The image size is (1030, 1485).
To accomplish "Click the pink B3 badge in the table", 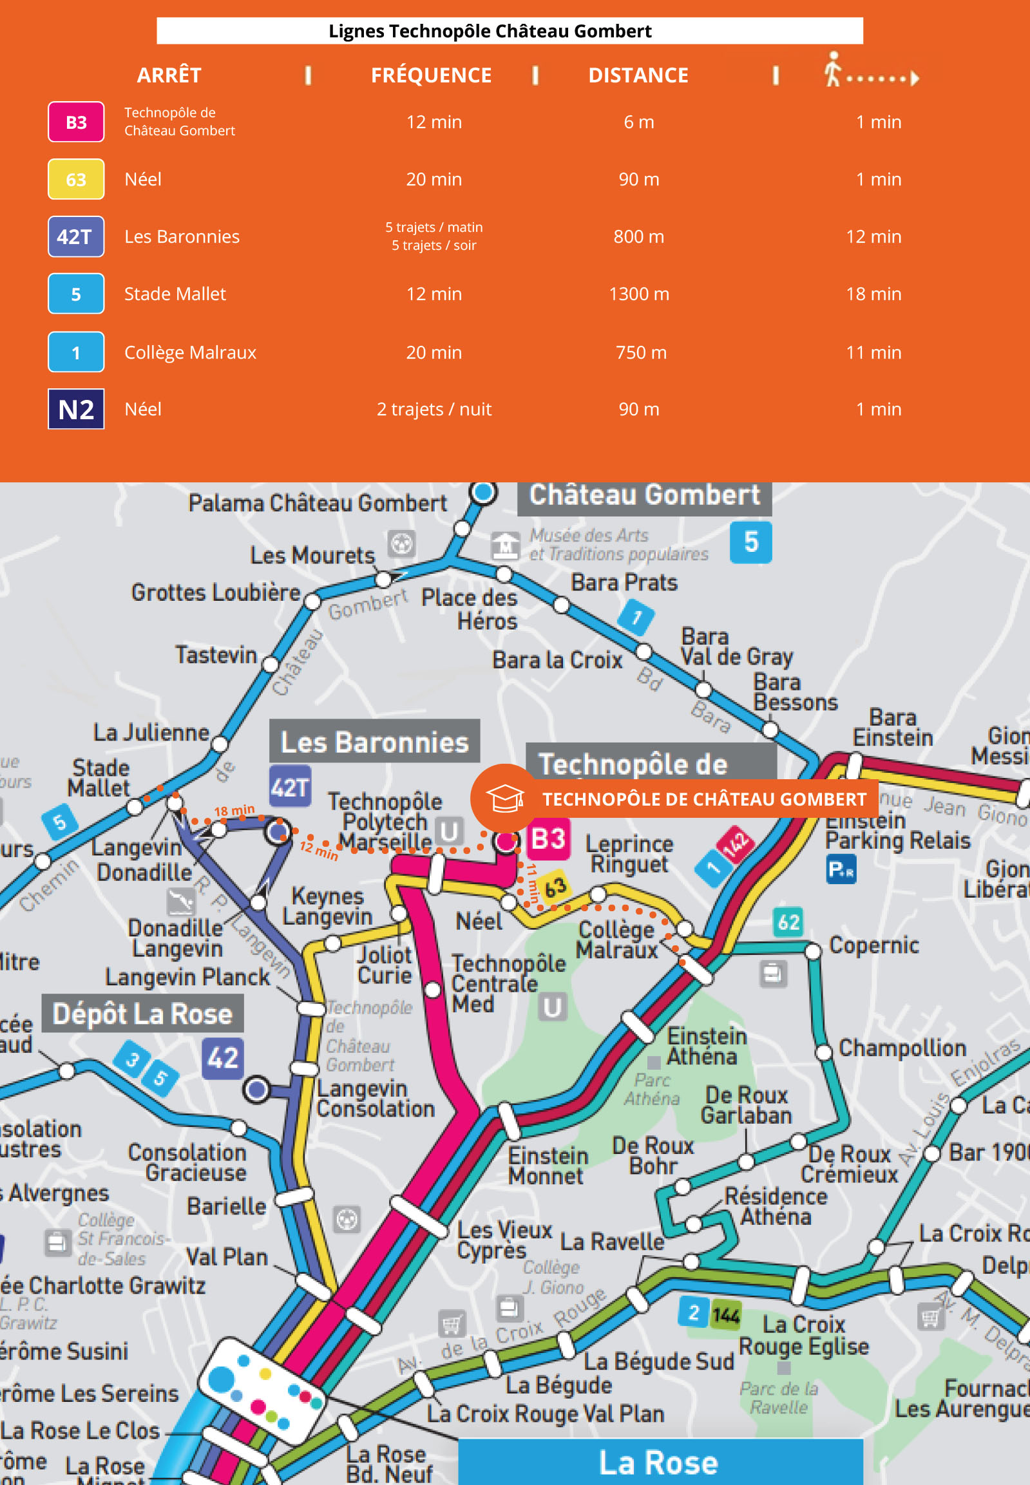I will [x=75, y=122].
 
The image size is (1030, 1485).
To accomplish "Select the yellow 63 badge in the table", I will [x=75, y=179].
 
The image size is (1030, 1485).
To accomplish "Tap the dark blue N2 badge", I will [x=75, y=409].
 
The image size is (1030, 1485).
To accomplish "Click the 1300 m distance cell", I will [x=638, y=294].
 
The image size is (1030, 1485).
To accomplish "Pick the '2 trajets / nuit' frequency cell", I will [x=434, y=409].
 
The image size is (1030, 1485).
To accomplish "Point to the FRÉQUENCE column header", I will [x=431, y=75].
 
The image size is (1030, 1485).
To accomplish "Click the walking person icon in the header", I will [x=833, y=70].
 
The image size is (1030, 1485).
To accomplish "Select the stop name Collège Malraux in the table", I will [x=190, y=352].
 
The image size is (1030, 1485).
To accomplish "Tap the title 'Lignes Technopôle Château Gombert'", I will [x=490, y=31].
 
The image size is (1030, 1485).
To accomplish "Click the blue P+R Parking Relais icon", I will [x=841, y=869].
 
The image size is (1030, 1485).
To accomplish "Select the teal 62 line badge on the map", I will [x=788, y=922].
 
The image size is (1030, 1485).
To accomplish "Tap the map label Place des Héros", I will [x=469, y=609].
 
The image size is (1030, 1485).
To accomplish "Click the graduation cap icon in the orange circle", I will [x=504, y=799].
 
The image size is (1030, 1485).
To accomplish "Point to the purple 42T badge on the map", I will [x=290, y=787].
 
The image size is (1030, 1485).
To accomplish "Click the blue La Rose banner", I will [x=660, y=1462].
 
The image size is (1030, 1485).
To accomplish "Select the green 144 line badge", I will [x=726, y=1316].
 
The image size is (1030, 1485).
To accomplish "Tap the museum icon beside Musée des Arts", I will [x=504, y=545].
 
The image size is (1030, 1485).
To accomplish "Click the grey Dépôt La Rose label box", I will [x=142, y=1014].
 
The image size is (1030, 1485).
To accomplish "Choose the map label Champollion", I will [x=902, y=1048].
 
